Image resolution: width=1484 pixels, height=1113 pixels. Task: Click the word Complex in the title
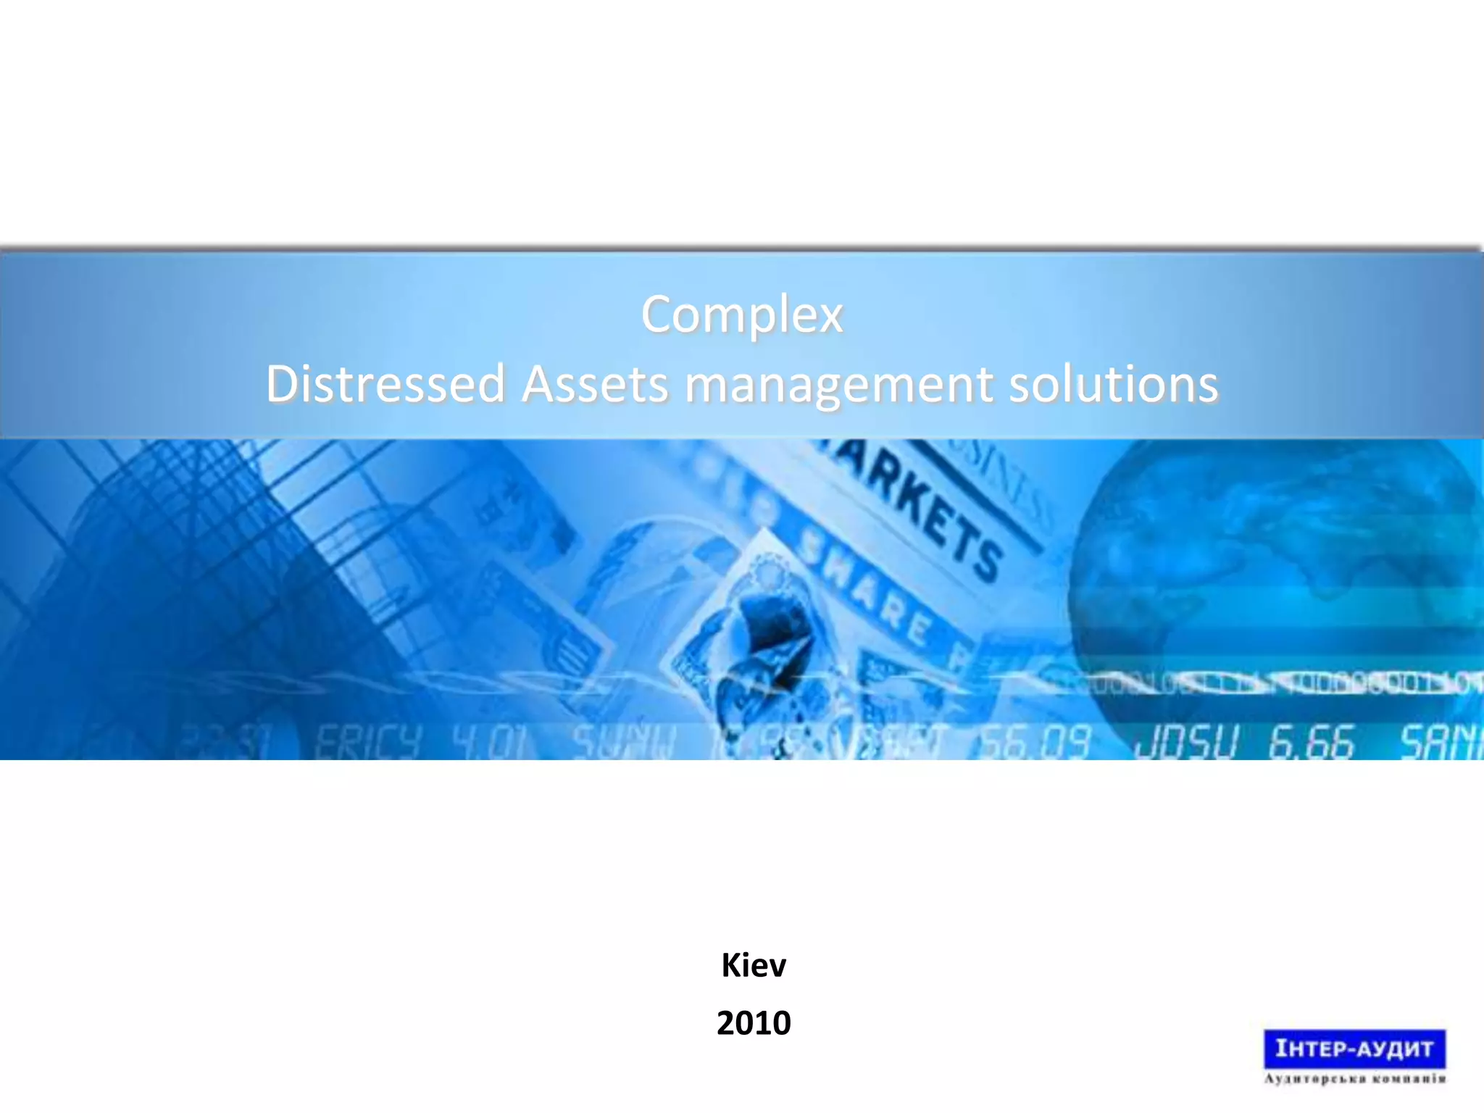pos(742,315)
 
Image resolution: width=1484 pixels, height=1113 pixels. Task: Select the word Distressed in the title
pos(385,383)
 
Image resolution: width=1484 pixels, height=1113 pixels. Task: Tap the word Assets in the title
pos(595,383)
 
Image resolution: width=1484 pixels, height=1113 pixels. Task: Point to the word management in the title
pos(838,383)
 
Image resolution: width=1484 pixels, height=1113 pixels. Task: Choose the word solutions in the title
pos(1114,383)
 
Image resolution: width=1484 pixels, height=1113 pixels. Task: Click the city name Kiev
pos(754,965)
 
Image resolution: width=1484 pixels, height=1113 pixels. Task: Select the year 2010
pos(754,1023)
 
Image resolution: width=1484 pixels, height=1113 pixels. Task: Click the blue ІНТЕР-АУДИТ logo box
pos(1354,1049)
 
